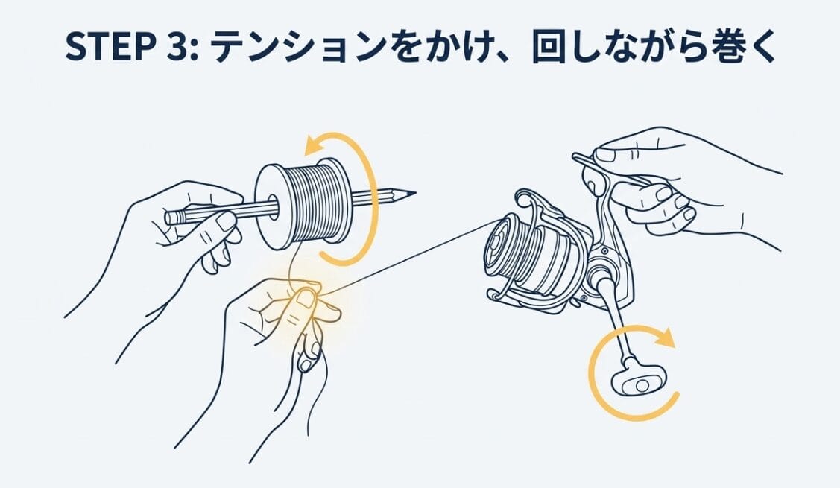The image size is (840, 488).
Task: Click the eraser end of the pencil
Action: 170,218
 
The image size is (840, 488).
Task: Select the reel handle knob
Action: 635,383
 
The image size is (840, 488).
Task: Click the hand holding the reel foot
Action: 656,179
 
